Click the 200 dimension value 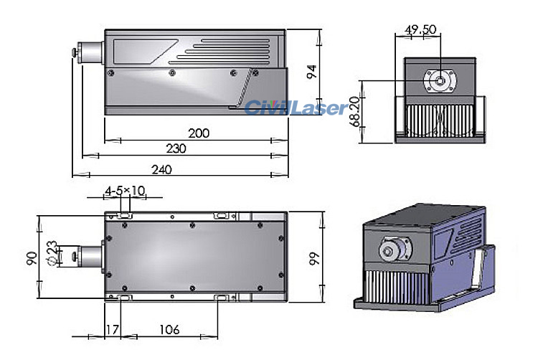click(199, 133)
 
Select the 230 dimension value click(176, 148)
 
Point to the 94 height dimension click(311, 72)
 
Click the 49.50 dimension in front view click(421, 29)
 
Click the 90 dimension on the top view click(31, 257)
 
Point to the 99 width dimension click(312, 257)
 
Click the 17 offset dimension click(112, 330)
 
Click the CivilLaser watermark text click(296, 108)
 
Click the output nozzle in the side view click(89, 52)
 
